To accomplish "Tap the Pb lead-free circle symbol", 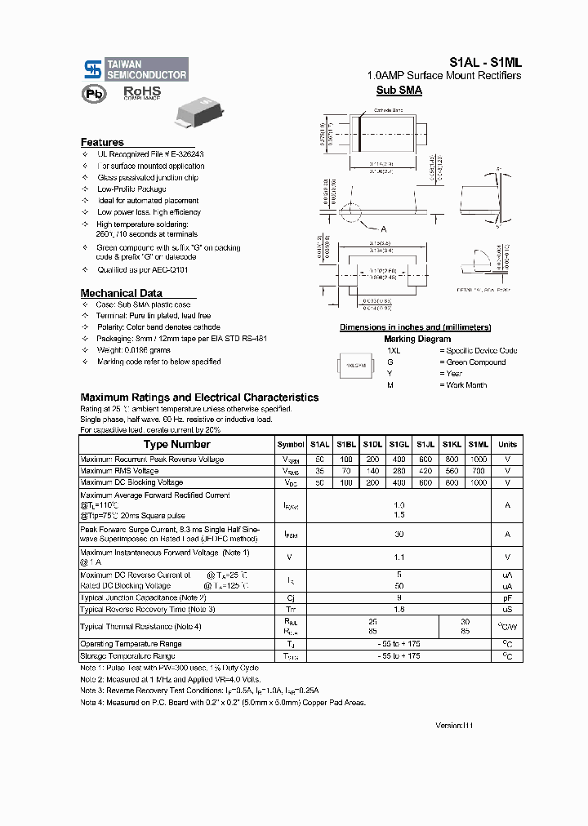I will [91, 94].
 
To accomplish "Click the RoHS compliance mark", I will [142, 94].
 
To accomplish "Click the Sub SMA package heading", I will [399, 91].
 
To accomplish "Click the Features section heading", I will [102, 142].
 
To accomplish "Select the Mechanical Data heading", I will [121, 293].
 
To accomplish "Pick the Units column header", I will [507, 445].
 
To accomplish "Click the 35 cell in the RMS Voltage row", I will [319, 471].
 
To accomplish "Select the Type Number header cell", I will [177, 445].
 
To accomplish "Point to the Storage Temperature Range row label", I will [127, 655].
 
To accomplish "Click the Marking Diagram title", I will [416, 339].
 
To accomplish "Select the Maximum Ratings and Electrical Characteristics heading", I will [199, 397].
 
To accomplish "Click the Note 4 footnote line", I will [223, 702].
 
